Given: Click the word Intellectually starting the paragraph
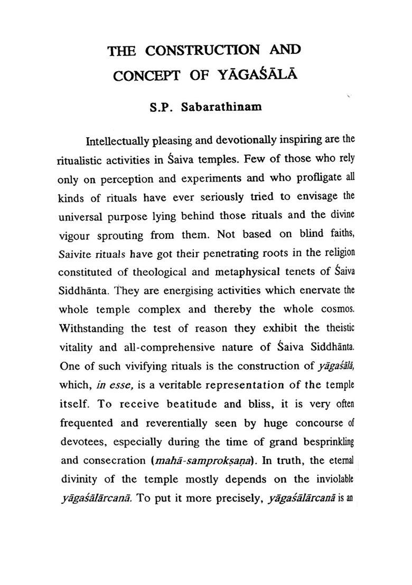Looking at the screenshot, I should (118, 142).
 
